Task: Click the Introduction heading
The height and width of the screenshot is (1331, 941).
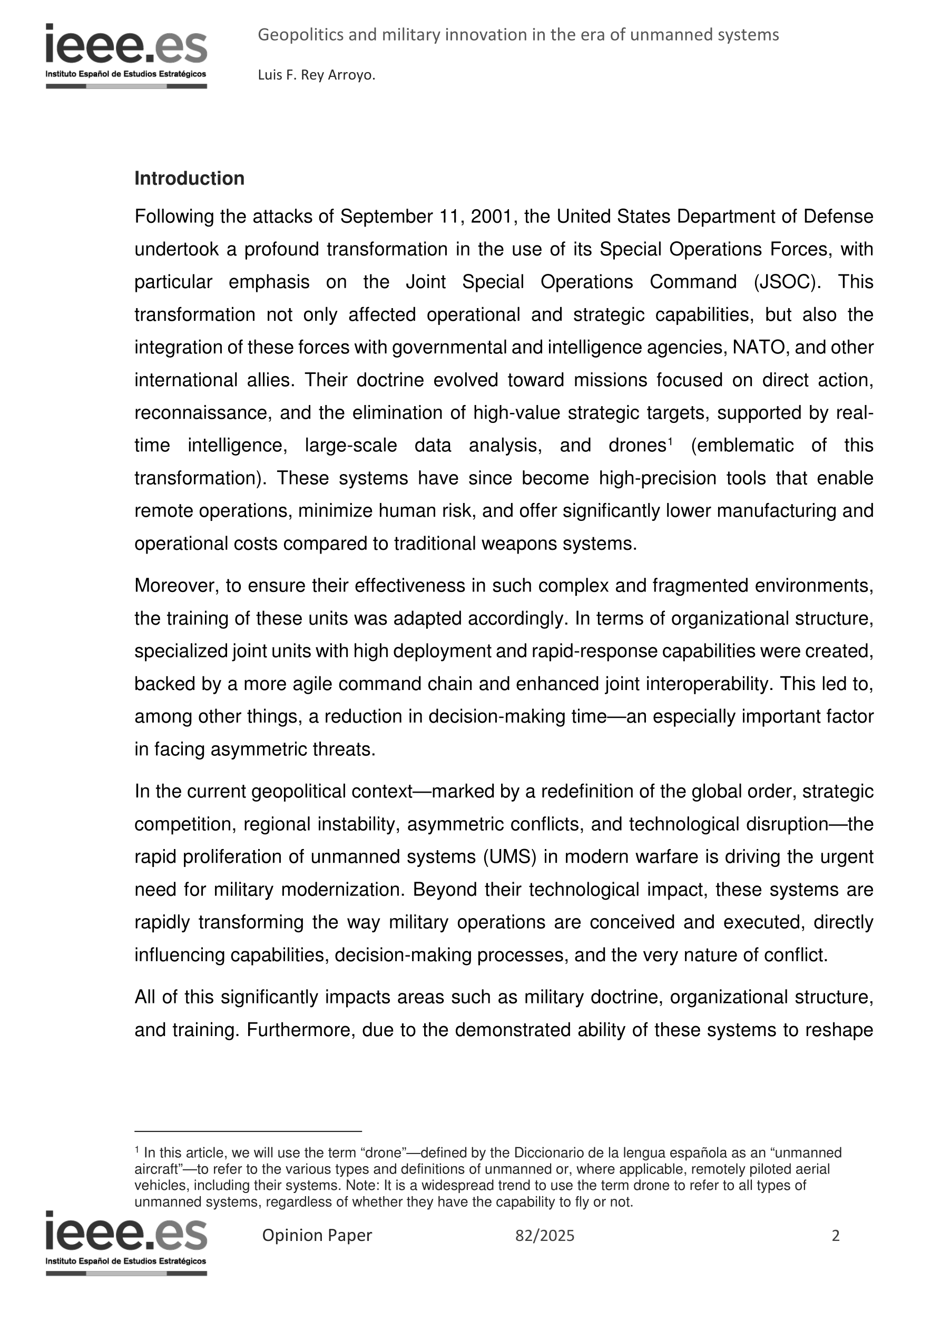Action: pyautogui.click(x=189, y=179)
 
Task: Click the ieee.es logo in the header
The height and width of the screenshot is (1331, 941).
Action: pyautogui.click(x=126, y=56)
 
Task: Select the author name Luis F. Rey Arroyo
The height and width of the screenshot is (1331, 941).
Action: pyautogui.click(x=317, y=75)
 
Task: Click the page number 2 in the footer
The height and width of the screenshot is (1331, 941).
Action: pyautogui.click(x=836, y=1236)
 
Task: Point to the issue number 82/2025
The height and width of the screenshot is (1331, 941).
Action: pyautogui.click(x=545, y=1236)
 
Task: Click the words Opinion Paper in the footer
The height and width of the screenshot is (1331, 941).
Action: pyautogui.click(x=317, y=1235)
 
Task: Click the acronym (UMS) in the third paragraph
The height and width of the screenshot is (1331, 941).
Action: pyautogui.click(x=509, y=857)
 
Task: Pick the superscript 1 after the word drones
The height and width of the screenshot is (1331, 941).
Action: pyautogui.click(x=670, y=442)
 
